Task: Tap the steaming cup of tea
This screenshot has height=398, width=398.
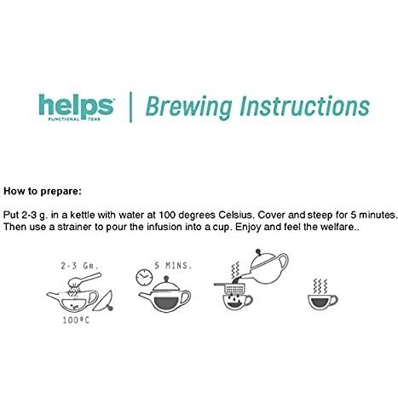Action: tap(322, 302)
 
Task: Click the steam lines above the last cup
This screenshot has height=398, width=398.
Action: tap(321, 282)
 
